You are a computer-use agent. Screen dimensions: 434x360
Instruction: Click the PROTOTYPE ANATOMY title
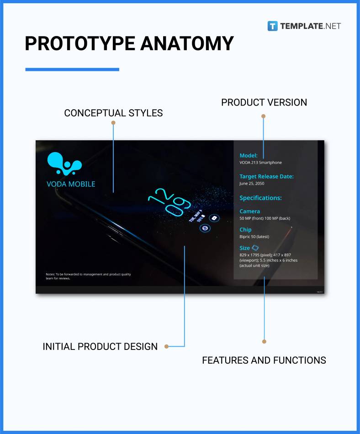[x=129, y=43]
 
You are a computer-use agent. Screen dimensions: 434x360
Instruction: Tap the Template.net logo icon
[x=273, y=26]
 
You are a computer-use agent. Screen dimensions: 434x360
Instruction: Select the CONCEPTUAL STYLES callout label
[x=113, y=113]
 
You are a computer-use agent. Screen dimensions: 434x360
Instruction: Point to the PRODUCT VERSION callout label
[x=264, y=102]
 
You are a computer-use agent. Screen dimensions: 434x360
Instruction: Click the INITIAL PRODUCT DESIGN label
[x=100, y=346]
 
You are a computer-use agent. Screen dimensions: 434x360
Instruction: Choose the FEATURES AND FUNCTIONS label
[x=264, y=360]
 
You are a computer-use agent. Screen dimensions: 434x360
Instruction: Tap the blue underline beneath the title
[x=72, y=69]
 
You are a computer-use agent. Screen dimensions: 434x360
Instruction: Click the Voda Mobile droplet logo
[x=64, y=164]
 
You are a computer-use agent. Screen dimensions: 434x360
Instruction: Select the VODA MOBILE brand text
[x=71, y=184]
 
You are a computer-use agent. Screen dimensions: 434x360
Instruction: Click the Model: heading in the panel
[x=249, y=155]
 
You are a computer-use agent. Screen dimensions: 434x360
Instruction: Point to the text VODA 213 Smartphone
[x=260, y=163]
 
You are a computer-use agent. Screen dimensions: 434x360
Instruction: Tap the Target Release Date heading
[x=266, y=176]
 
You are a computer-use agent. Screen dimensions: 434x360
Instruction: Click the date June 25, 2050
[x=252, y=184]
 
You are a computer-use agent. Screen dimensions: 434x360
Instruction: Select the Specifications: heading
[x=260, y=198]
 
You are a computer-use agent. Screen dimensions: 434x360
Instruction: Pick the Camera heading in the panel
[x=249, y=212]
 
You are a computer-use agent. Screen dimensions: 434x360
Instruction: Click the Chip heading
[x=245, y=230]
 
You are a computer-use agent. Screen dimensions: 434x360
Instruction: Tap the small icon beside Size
[x=255, y=248]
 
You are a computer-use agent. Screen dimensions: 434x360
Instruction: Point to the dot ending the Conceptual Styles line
[x=113, y=123]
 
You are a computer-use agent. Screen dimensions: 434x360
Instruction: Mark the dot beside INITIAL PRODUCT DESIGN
[x=167, y=346]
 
